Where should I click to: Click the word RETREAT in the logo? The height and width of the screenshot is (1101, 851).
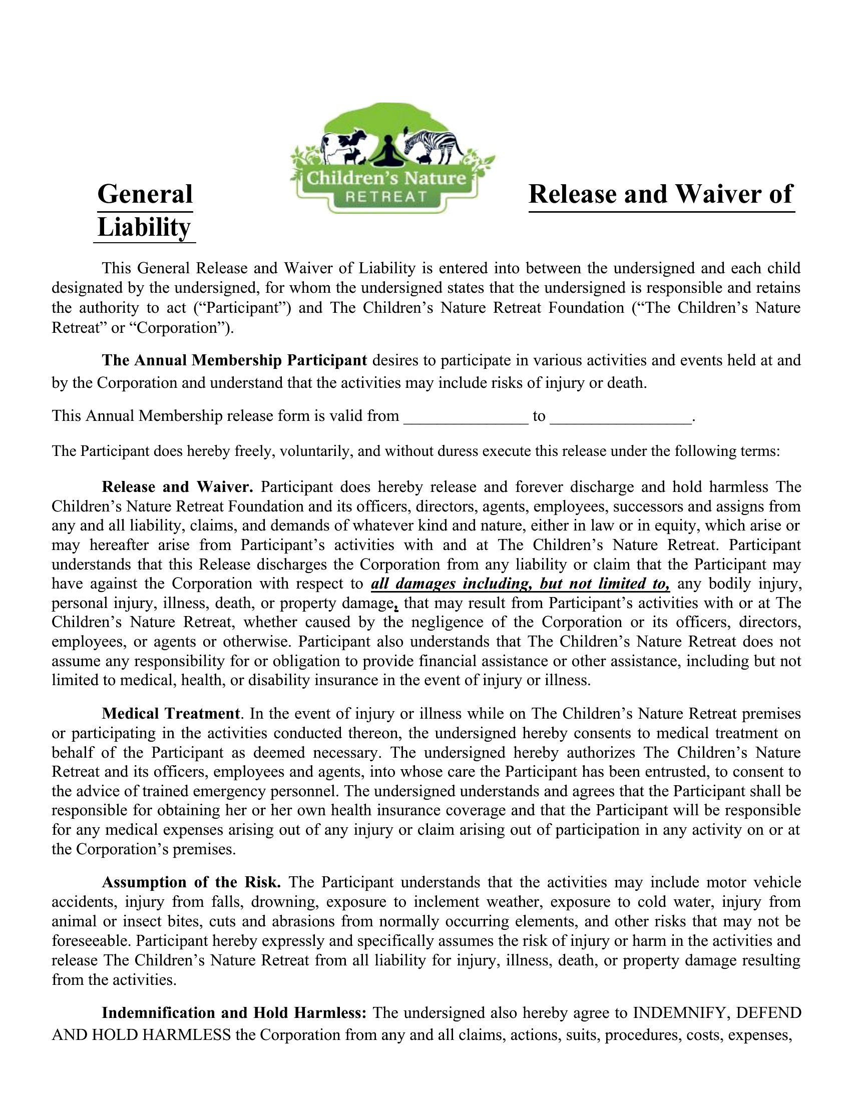click(386, 197)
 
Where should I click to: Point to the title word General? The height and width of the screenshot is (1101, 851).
click(145, 195)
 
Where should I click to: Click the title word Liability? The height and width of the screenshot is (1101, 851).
click(144, 227)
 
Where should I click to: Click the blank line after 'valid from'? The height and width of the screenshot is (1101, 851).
click(466, 416)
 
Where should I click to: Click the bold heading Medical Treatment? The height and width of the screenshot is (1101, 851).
click(171, 714)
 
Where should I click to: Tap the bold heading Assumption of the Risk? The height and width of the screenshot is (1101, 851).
click(191, 882)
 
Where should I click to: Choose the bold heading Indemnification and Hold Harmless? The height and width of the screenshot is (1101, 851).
click(236, 1013)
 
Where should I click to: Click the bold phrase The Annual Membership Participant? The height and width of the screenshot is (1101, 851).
click(234, 360)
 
